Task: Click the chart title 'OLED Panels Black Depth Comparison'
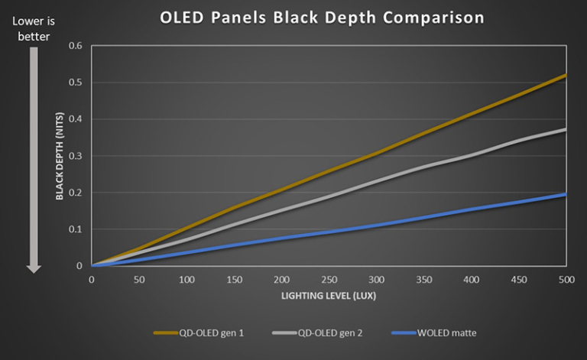click(x=321, y=18)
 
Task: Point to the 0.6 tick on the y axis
click(x=76, y=46)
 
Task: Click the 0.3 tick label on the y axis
click(x=76, y=156)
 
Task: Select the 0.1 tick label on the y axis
click(x=76, y=229)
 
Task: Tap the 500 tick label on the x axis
click(x=566, y=280)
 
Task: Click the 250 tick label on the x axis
click(x=329, y=280)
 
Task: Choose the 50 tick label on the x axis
click(x=139, y=280)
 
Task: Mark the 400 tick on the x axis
click(x=472, y=280)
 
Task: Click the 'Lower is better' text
click(x=34, y=28)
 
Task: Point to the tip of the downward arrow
click(x=34, y=271)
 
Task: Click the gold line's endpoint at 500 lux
click(x=566, y=76)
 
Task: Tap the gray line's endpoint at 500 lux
click(x=566, y=129)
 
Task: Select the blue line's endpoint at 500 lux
click(x=566, y=194)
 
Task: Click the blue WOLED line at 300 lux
click(x=377, y=225)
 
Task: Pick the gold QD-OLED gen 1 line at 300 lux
click(x=377, y=153)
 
